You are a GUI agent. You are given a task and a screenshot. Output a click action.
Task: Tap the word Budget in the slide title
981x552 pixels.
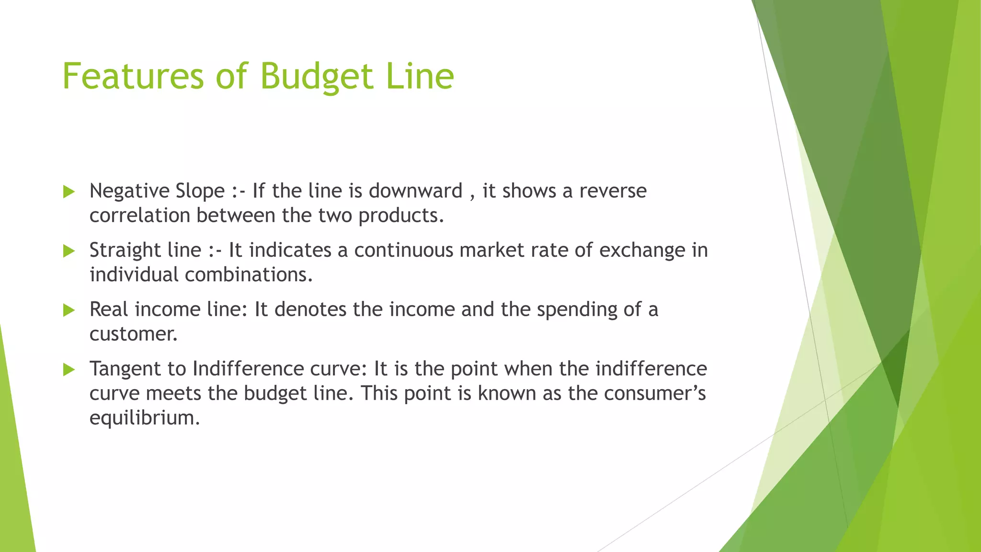(x=317, y=77)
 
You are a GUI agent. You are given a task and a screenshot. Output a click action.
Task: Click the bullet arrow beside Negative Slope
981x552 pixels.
(x=69, y=192)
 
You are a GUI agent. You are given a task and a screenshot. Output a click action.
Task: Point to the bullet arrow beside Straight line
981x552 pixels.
(x=69, y=251)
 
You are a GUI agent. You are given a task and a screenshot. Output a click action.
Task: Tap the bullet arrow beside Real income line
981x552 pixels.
(x=69, y=310)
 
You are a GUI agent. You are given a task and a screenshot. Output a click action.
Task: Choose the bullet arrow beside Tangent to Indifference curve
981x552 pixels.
(x=69, y=369)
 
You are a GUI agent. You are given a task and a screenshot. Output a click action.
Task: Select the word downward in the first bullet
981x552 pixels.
(x=415, y=191)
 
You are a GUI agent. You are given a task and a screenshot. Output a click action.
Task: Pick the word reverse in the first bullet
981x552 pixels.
(x=613, y=191)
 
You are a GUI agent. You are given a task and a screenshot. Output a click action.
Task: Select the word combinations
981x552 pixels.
(x=249, y=275)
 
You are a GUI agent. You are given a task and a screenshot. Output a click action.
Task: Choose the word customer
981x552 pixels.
(x=133, y=334)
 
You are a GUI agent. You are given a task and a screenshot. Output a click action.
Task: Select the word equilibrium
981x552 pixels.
(x=144, y=418)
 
